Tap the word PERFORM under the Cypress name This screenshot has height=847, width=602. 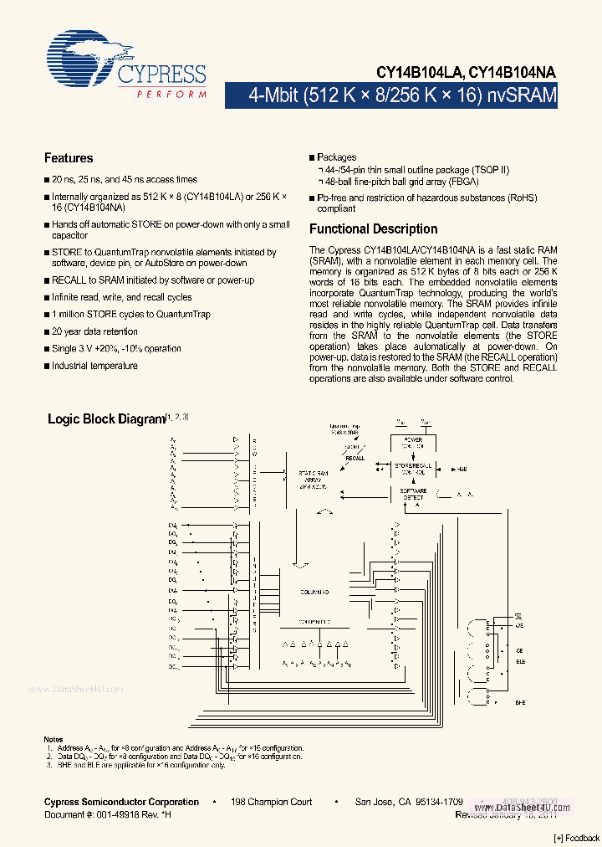(172, 95)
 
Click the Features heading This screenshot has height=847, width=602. (69, 158)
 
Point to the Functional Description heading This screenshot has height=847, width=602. (373, 228)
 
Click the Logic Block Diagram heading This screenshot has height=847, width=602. (106, 418)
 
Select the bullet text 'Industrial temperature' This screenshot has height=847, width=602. (94, 366)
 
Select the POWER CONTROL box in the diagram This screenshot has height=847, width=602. (413, 442)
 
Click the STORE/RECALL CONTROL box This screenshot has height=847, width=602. (413, 468)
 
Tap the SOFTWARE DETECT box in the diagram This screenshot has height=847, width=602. (413, 494)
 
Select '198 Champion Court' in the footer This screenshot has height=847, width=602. (272, 802)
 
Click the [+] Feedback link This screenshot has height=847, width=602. (577, 838)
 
